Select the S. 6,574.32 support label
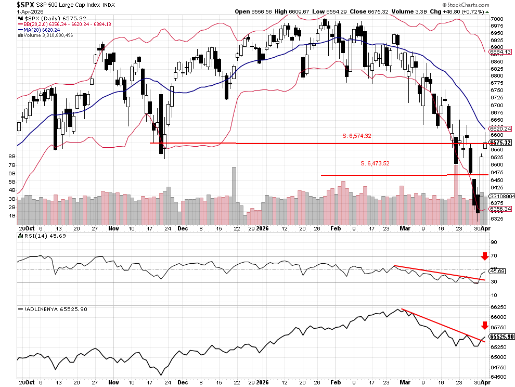tap(356, 136)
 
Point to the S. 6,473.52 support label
tap(375, 163)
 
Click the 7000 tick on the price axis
tap(497, 19)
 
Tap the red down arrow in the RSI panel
tap(485, 256)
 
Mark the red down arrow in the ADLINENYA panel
tap(485, 326)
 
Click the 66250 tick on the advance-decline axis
tap(498, 307)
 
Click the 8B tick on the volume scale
tap(12, 156)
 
